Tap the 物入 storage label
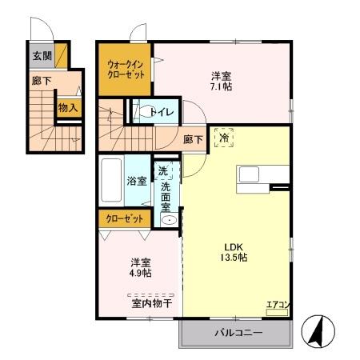point(68,106)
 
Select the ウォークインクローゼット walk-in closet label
point(125,69)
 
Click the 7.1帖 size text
point(222,87)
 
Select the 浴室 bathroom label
point(136,181)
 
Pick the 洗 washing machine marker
point(162,170)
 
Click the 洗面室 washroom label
point(166,198)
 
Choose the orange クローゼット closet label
point(124,218)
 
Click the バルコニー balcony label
point(238,332)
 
